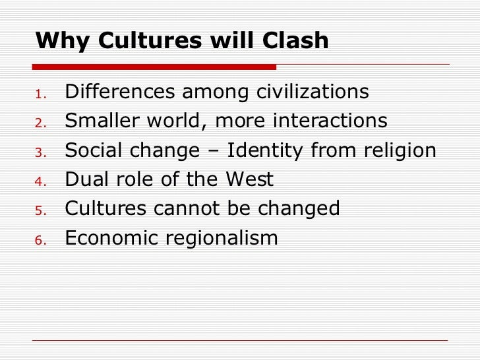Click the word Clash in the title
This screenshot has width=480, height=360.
[x=293, y=41]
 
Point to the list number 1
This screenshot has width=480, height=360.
[x=40, y=94]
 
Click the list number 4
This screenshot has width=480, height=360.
[x=40, y=181]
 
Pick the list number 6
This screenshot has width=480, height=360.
[x=40, y=239]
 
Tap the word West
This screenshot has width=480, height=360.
[x=251, y=179]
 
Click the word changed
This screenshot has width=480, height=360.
[x=299, y=208]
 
